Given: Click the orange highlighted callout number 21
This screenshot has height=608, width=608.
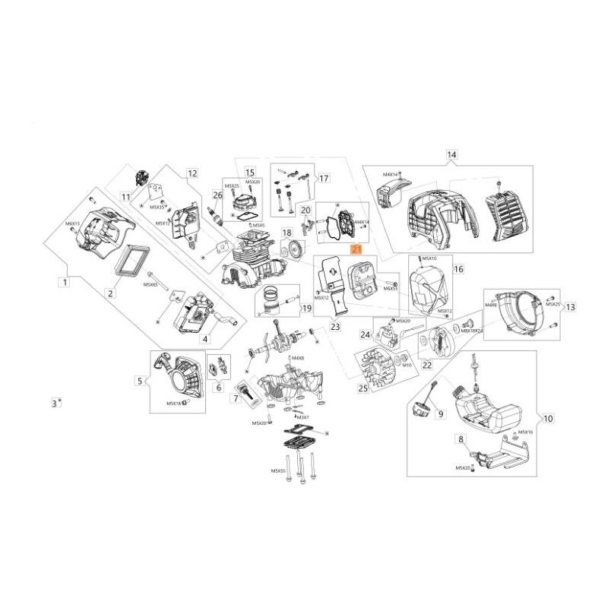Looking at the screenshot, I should pyautogui.click(x=356, y=249).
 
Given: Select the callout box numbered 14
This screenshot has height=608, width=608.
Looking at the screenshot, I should pyautogui.click(x=451, y=155).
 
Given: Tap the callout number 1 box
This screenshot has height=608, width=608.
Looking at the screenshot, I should pyautogui.click(x=65, y=282).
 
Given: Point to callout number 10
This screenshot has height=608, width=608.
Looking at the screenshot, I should pyautogui.click(x=549, y=418).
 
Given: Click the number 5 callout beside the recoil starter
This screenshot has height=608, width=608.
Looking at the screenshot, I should pyautogui.click(x=140, y=381).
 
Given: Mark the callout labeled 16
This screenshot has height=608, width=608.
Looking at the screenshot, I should pyautogui.click(x=458, y=269).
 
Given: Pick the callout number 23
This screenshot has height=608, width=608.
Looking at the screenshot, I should pyautogui.click(x=335, y=327).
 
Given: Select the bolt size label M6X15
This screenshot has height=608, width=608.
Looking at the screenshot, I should pyautogui.click(x=72, y=223).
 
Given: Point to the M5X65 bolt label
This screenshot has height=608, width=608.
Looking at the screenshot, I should pyautogui.click(x=149, y=284).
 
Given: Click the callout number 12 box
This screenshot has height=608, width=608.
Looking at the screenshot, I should pyautogui.click(x=192, y=173).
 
